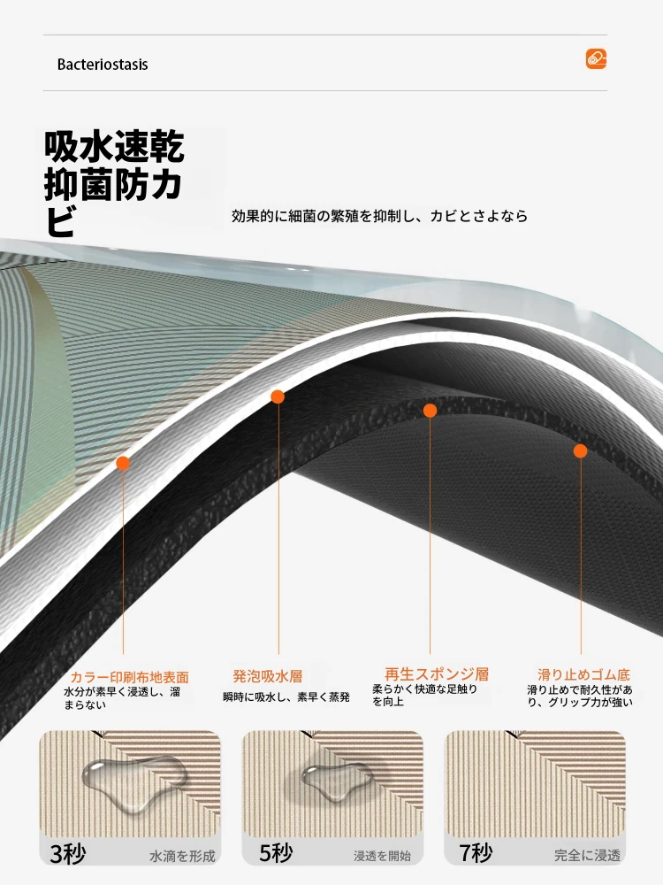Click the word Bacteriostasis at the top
(103, 65)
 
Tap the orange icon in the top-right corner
(596, 58)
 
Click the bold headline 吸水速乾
(114, 146)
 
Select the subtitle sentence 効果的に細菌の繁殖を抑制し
(323, 216)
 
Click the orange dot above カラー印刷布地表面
(123, 464)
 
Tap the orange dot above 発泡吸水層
(278, 396)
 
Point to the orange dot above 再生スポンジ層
(431, 411)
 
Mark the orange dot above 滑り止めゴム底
(581, 451)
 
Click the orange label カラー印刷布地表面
(129, 677)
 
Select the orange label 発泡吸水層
(268, 676)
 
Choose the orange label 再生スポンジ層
(437, 673)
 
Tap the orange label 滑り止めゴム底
(583, 674)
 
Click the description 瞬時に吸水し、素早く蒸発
(286, 697)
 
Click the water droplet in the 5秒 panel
(335, 781)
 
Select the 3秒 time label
(68, 854)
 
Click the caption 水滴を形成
(182, 857)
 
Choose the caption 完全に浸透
(587, 856)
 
